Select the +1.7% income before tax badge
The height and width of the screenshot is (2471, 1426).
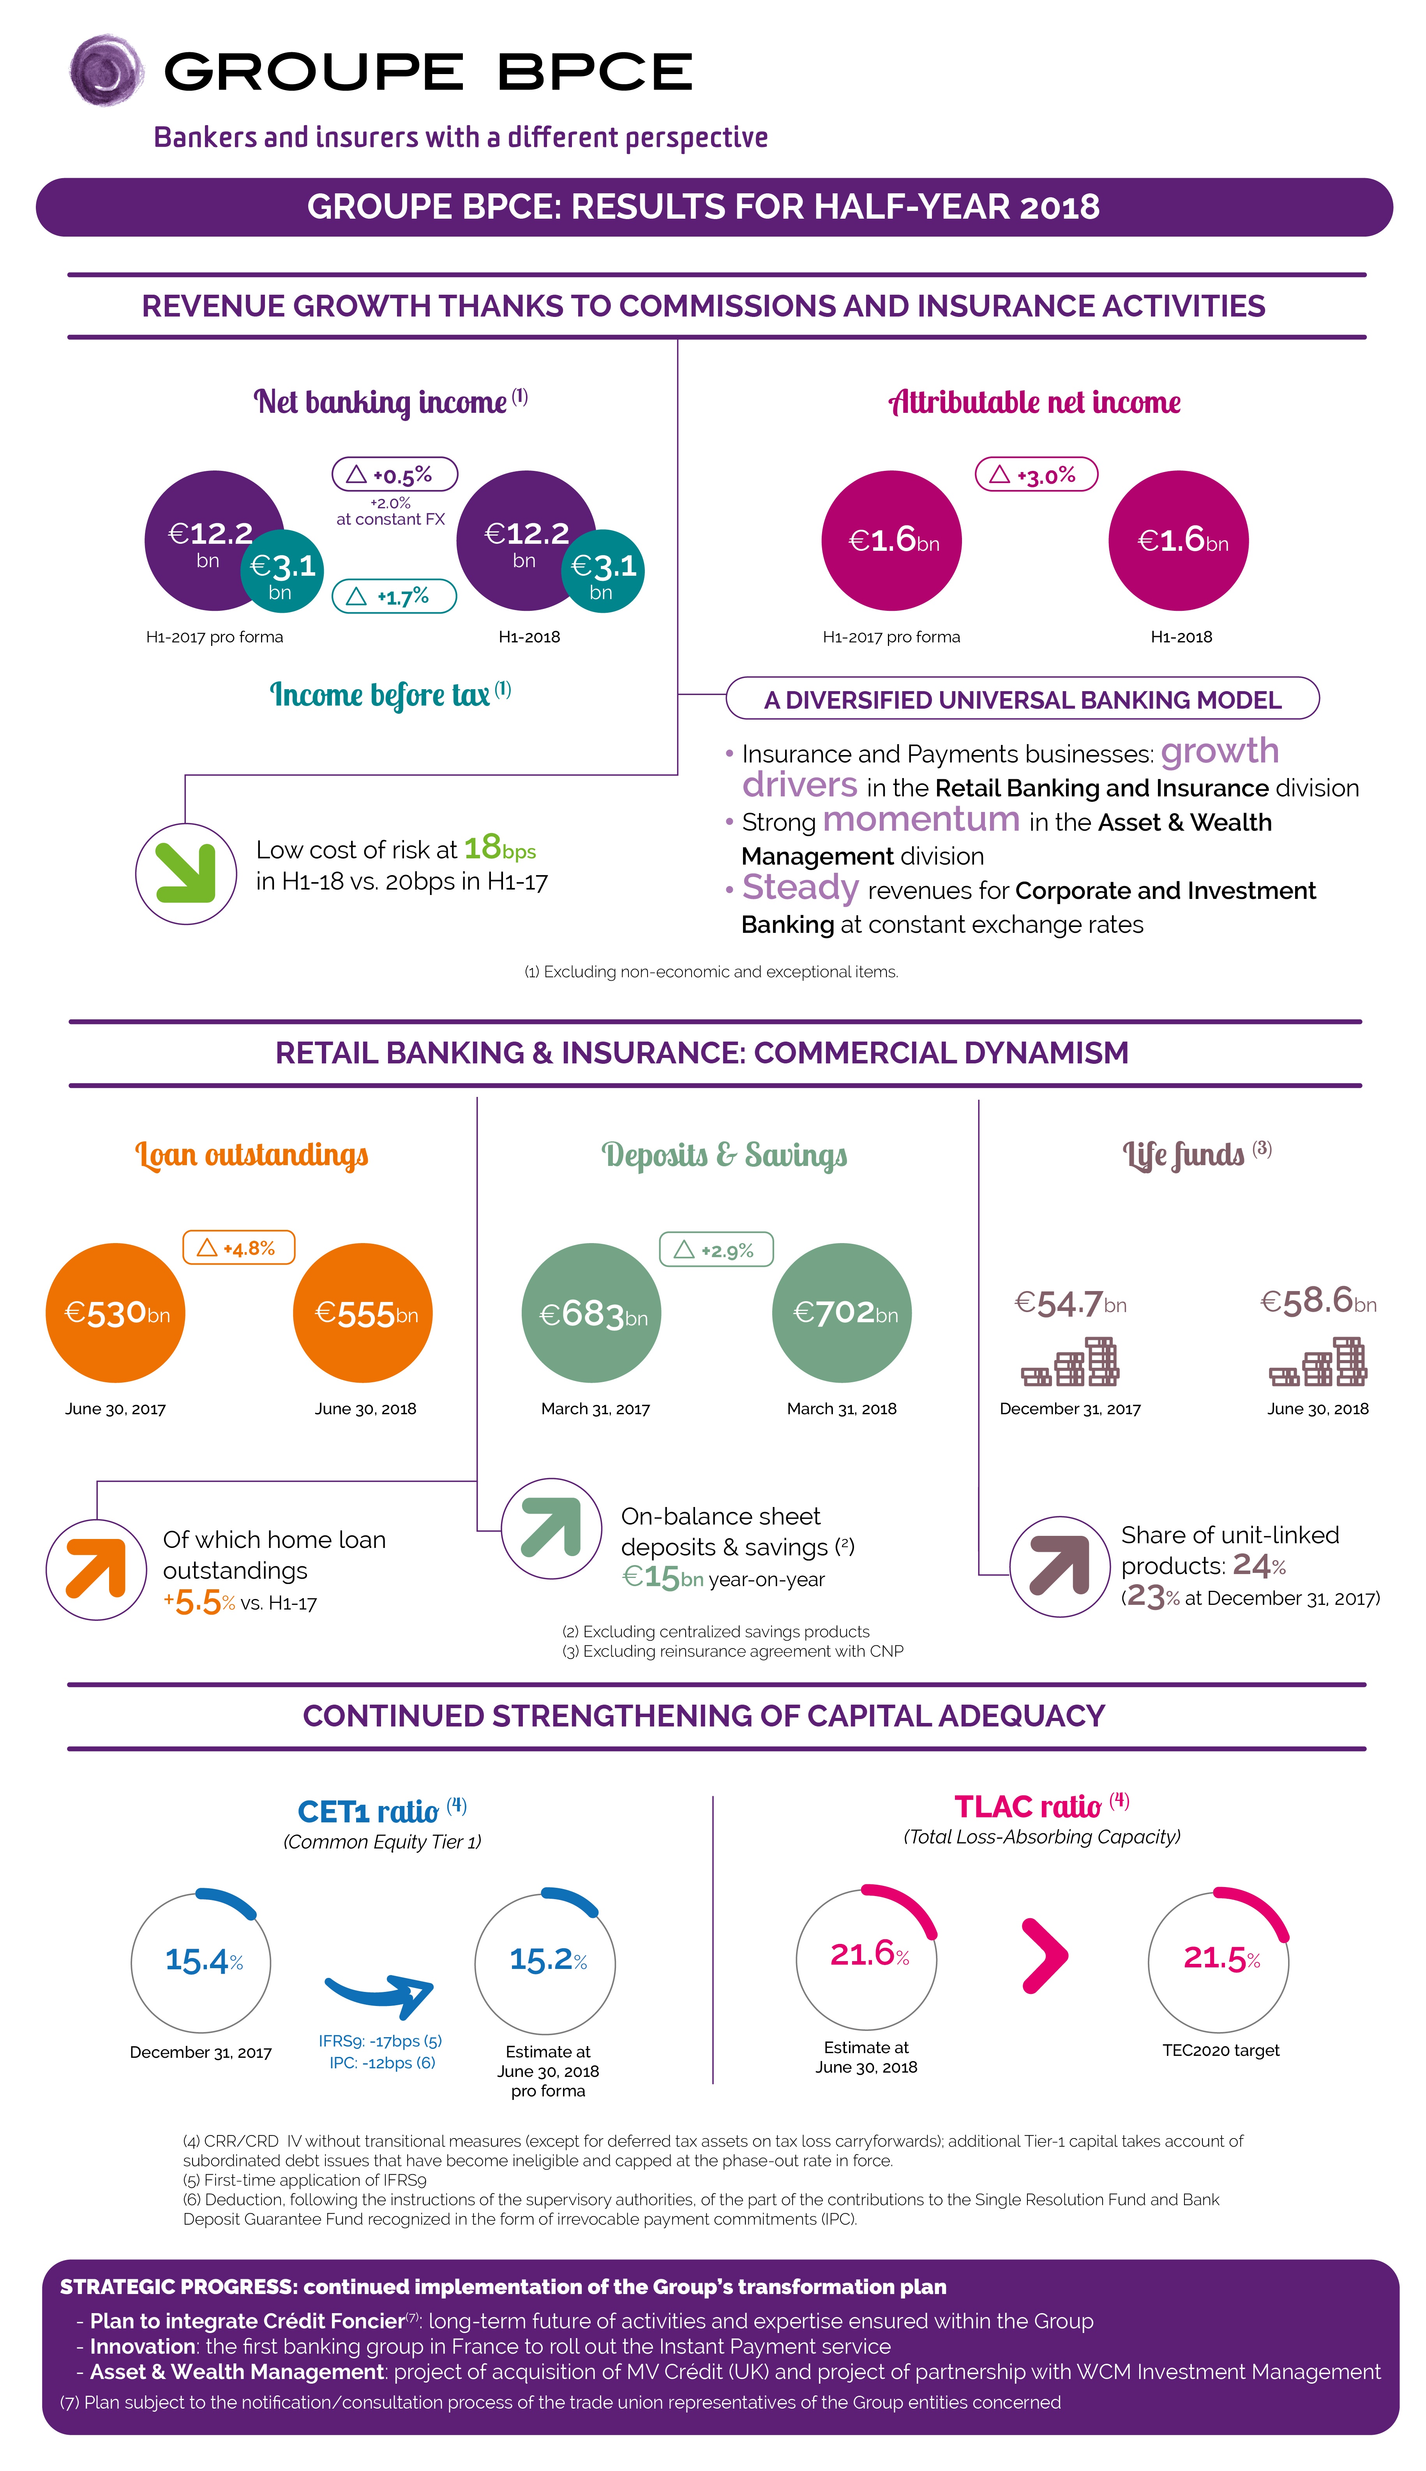point(395,596)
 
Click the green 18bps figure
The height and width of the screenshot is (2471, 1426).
point(499,847)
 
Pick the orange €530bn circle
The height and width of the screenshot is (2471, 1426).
point(116,1313)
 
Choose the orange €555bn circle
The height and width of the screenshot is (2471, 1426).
point(364,1313)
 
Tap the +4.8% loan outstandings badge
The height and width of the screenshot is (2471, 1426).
point(239,1247)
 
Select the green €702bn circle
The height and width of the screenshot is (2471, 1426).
point(842,1313)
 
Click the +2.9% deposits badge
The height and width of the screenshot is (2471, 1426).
point(716,1250)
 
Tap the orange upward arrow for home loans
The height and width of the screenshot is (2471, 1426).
point(96,1568)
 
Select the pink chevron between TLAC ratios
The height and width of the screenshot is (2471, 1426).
point(1044,1956)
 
